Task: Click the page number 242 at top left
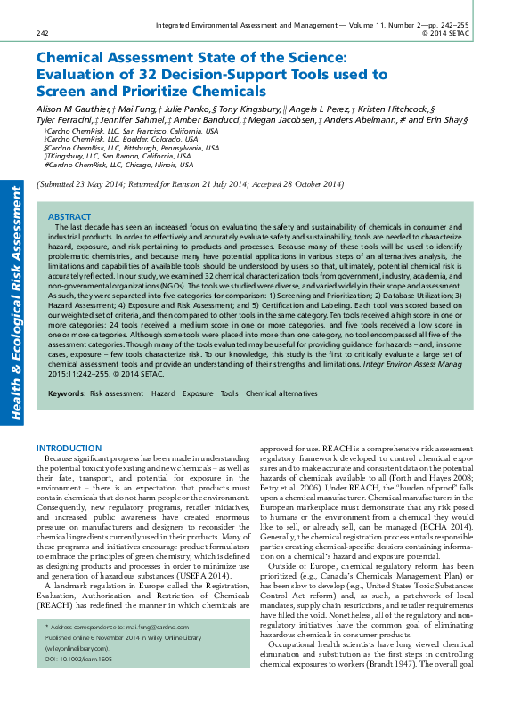point(42,33)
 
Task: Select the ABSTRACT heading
point(69,217)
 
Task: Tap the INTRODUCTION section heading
point(69,448)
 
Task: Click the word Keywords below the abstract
point(66,417)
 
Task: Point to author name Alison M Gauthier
point(73,106)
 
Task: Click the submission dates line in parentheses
point(189,184)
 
